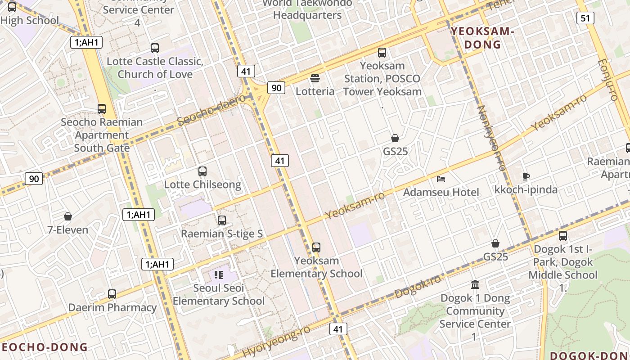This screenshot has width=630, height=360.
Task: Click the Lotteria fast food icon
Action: [x=315, y=78]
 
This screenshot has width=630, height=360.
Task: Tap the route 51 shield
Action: [x=585, y=18]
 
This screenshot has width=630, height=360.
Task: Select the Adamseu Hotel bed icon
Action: [x=441, y=179]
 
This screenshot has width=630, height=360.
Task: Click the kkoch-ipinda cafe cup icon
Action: [x=526, y=176]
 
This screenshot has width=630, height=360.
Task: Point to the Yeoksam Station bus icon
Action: [x=382, y=53]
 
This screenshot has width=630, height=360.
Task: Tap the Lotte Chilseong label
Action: [x=202, y=184]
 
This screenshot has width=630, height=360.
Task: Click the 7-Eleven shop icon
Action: [x=68, y=216]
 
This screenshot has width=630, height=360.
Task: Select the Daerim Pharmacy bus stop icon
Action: [x=112, y=294]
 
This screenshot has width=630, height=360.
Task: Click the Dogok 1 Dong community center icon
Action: [x=475, y=284]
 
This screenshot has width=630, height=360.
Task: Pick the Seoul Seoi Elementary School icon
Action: [x=219, y=274]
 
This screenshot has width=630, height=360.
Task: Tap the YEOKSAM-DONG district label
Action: [x=482, y=38]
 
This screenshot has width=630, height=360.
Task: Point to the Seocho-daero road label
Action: [x=211, y=110]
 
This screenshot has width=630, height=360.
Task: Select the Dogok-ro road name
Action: [x=418, y=286]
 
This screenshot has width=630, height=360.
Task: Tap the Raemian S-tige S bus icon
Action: [x=222, y=220]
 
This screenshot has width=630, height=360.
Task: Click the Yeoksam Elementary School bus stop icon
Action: [x=316, y=247]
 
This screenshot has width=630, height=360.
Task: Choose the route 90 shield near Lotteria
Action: [x=276, y=88]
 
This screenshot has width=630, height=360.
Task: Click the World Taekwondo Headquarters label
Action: [x=308, y=9]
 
